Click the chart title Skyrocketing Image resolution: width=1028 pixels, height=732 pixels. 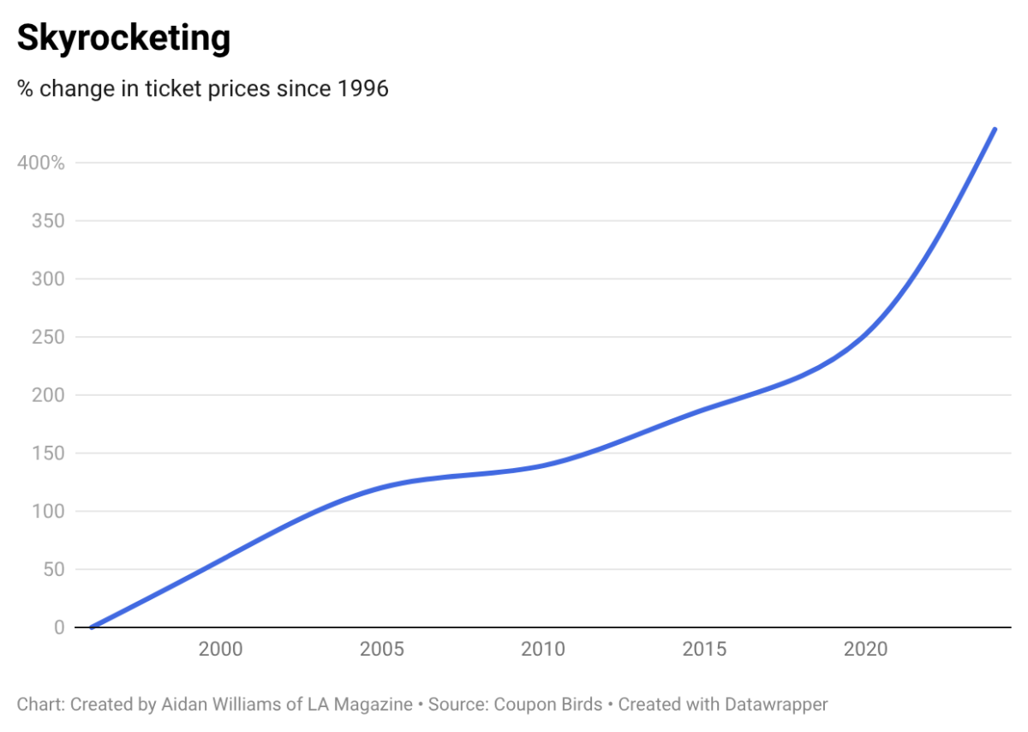(123, 39)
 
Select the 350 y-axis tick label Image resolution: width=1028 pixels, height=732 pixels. (48, 220)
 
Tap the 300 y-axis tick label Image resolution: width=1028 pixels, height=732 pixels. (48, 279)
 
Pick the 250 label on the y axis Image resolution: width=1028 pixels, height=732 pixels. (48, 337)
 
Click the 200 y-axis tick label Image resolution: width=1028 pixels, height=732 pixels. (48, 395)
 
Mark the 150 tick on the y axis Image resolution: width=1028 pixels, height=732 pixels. (48, 453)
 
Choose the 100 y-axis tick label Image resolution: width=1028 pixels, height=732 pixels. (48, 512)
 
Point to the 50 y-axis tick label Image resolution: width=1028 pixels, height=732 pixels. (53, 569)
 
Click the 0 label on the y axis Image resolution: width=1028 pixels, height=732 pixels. (59, 627)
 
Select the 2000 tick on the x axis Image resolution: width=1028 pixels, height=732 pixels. (220, 649)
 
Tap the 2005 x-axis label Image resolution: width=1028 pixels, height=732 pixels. (382, 649)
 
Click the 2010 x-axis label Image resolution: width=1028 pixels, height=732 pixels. (543, 649)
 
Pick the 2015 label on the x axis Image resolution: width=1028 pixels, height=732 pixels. (704, 649)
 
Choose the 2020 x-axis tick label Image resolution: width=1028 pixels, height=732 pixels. (865, 649)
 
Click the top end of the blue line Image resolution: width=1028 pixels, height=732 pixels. (995, 129)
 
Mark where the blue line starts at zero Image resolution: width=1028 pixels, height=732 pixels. (91, 627)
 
